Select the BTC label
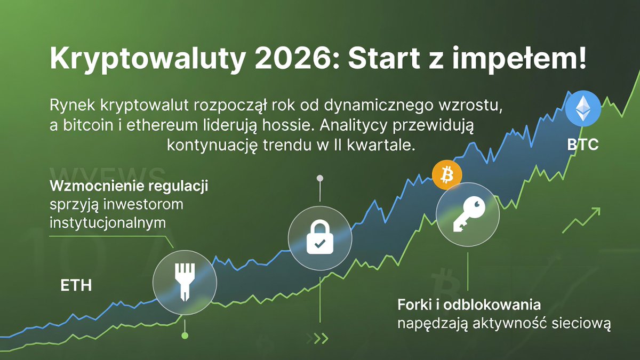(583, 145)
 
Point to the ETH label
(76, 285)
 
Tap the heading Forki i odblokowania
(469, 306)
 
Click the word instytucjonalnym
(107, 223)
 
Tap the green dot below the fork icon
(185, 335)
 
